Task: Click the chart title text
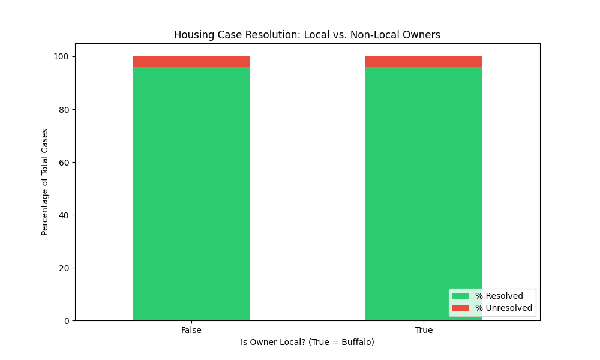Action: (307, 35)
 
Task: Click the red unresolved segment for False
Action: (191, 62)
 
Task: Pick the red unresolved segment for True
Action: (424, 62)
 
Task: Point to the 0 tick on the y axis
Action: (67, 321)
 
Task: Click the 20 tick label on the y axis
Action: (64, 268)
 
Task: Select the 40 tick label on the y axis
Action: (64, 215)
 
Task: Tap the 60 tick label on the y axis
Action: (64, 163)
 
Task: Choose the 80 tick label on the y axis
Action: (64, 110)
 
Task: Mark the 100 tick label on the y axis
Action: (62, 57)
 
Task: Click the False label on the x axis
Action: (191, 331)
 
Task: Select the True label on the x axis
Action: (424, 331)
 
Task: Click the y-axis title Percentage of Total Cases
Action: (45, 182)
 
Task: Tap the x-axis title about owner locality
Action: (307, 342)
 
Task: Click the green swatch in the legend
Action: (460, 296)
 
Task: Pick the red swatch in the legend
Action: (460, 308)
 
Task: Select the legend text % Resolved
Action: (499, 296)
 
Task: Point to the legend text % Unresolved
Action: (503, 308)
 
